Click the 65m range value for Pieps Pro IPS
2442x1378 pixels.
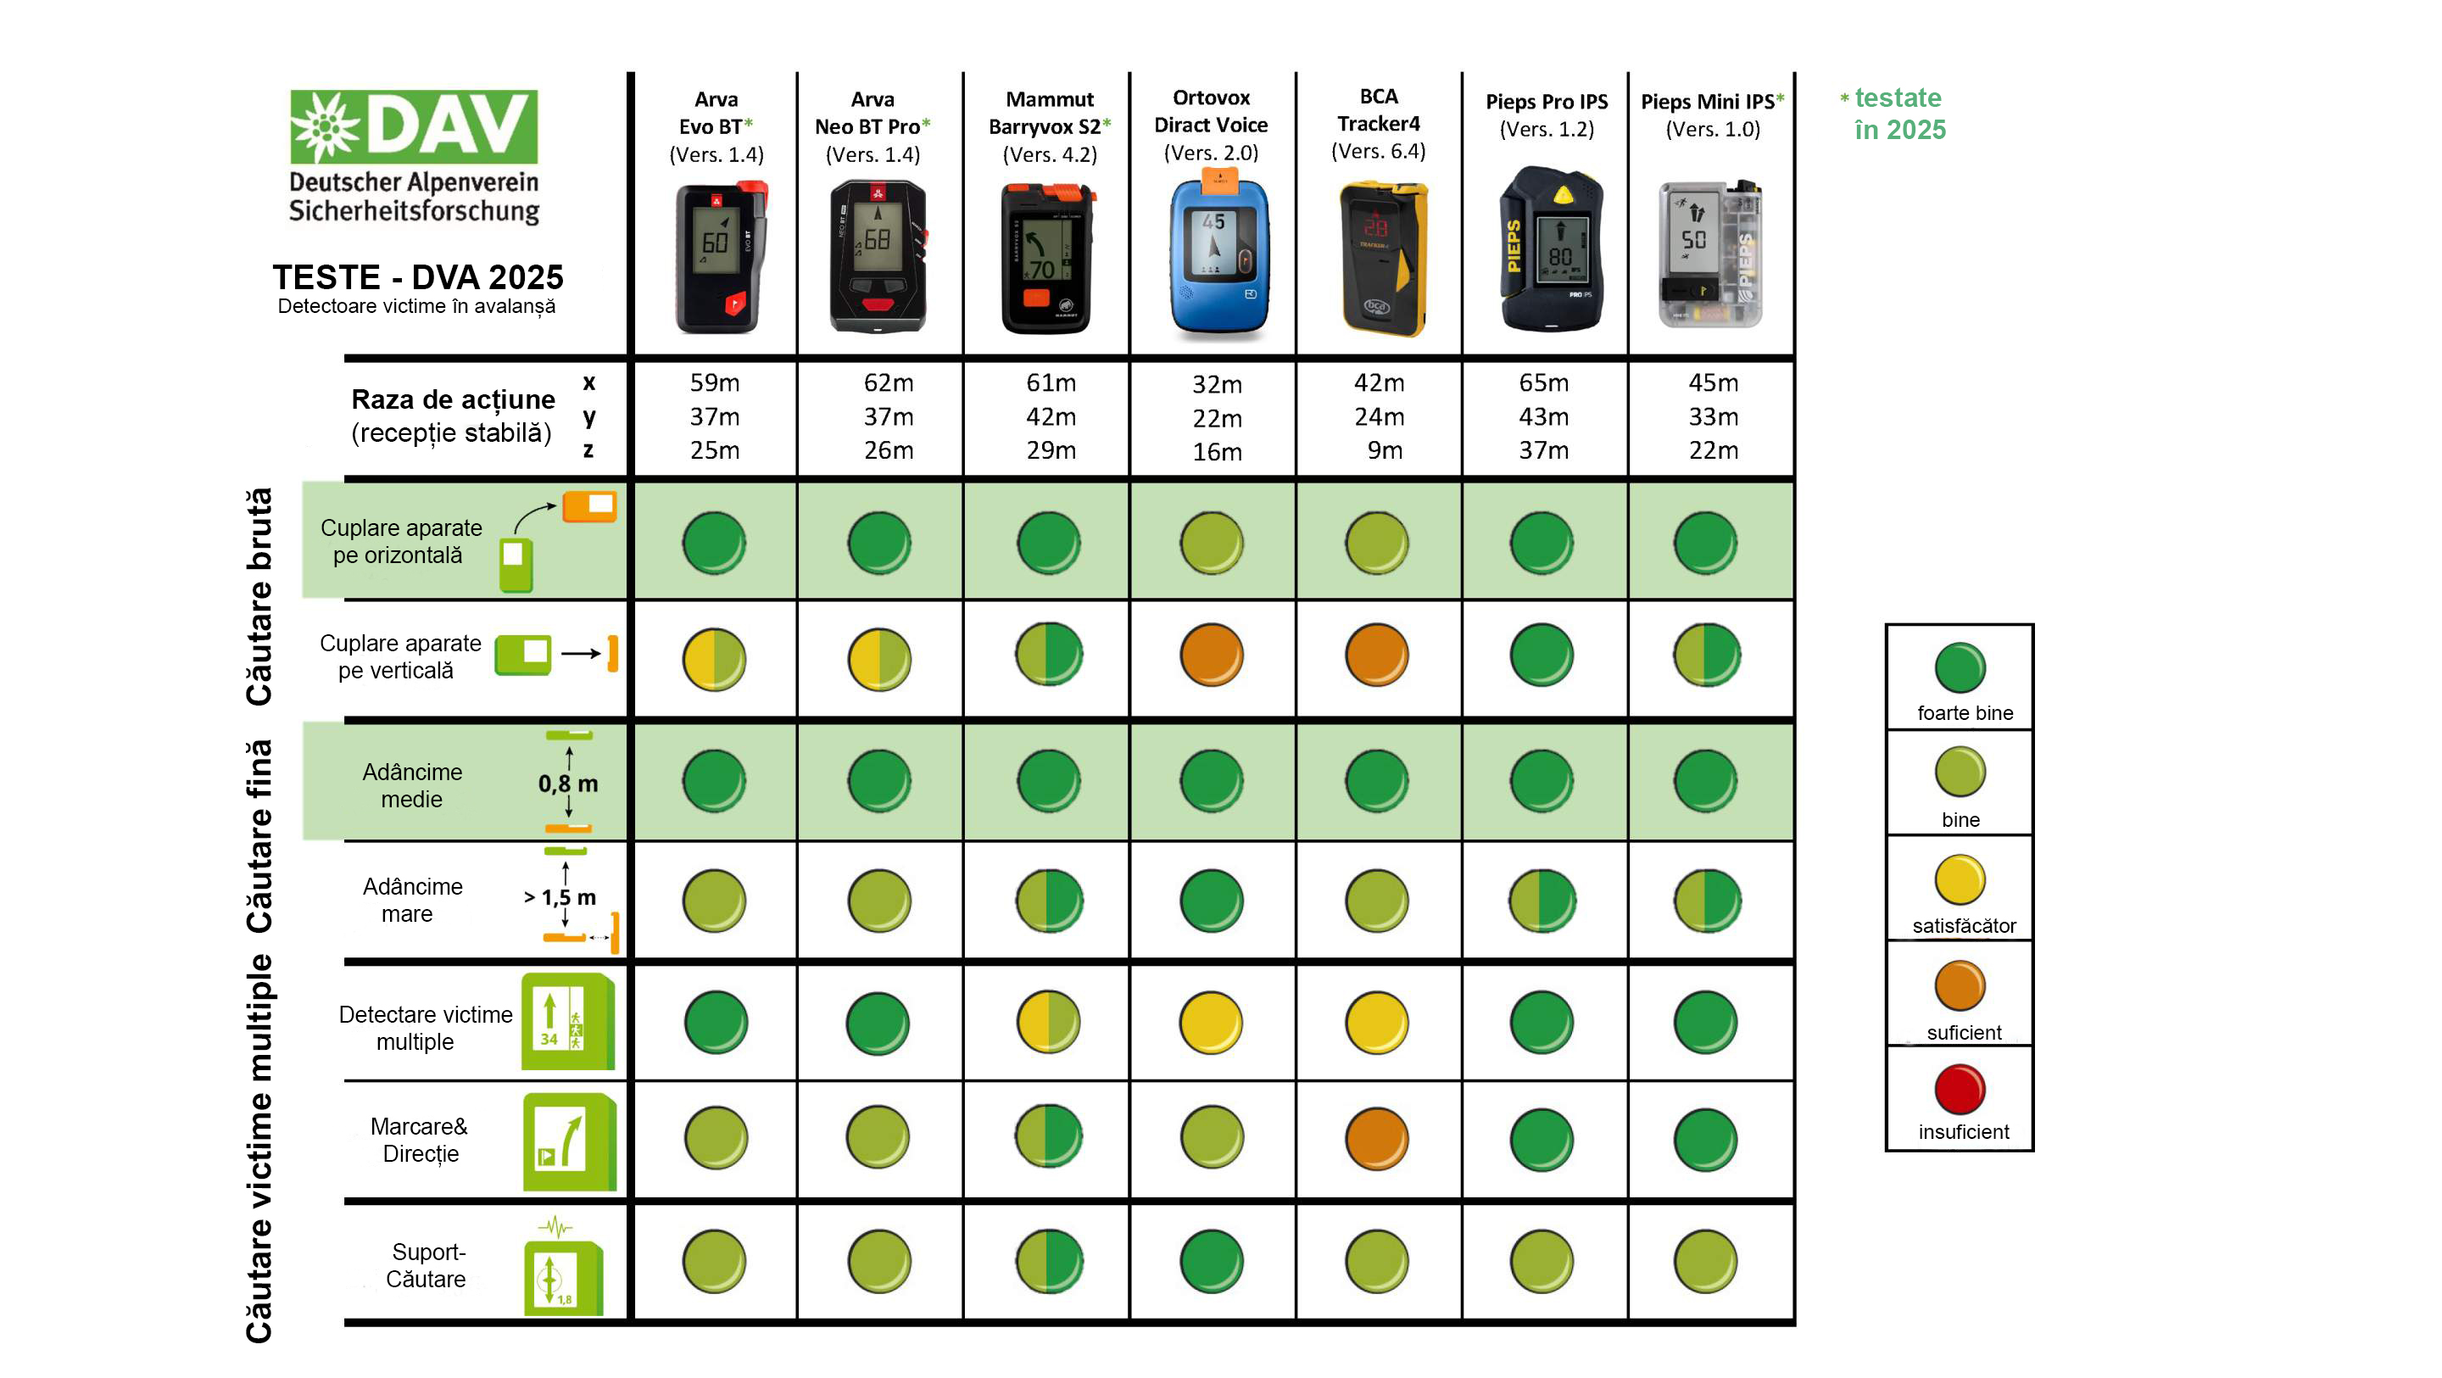tap(1543, 382)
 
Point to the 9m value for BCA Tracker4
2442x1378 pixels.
tap(1384, 449)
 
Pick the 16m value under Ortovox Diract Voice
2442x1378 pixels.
tap(1218, 451)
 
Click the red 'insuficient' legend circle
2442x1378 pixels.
tap(1960, 1089)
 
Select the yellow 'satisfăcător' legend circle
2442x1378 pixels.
tap(1960, 879)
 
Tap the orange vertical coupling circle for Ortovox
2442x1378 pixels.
tap(1212, 655)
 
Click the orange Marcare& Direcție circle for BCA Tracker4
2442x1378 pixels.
tap(1376, 1138)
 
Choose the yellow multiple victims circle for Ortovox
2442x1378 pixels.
tap(1212, 1023)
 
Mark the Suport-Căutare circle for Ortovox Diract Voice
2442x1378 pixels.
tap(1212, 1261)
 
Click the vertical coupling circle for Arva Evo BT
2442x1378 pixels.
tap(714, 659)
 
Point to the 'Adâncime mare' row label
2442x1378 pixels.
tap(411, 900)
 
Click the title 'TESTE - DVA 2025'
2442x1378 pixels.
tap(418, 277)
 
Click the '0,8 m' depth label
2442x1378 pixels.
tap(568, 784)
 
